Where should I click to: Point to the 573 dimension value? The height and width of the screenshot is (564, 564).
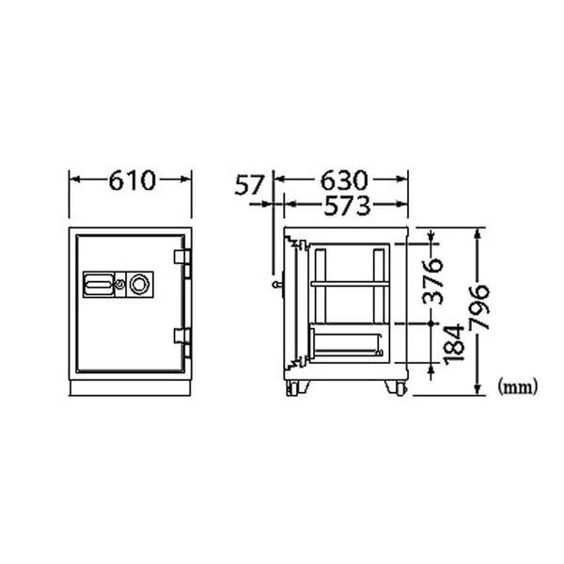coord(343,204)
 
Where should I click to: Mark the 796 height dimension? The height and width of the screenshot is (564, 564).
coord(479,305)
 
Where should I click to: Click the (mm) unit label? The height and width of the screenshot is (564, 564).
coord(514,384)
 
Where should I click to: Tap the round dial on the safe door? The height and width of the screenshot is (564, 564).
coord(139,282)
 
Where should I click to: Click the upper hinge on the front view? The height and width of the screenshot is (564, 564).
coord(180,258)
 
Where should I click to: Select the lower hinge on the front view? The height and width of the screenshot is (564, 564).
coord(180,336)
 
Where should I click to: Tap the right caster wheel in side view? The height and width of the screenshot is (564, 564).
coord(396,387)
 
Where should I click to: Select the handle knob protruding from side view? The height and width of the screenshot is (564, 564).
coord(274,284)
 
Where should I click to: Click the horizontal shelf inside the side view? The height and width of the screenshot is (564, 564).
coord(347,283)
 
